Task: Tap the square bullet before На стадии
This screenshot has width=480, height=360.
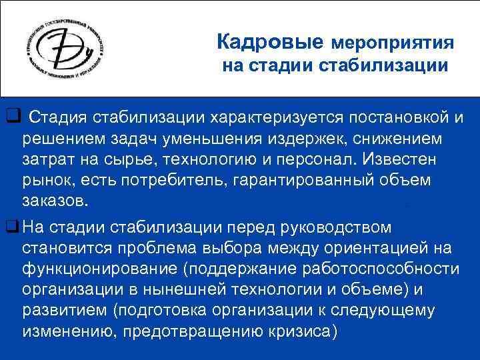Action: [x=11, y=227]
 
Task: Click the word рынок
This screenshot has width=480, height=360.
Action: [x=49, y=181]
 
